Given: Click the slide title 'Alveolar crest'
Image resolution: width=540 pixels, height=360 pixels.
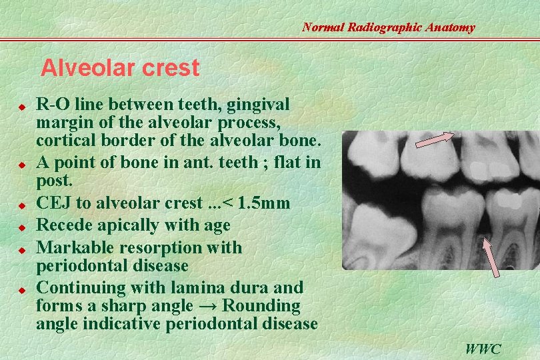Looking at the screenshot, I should point(120,68).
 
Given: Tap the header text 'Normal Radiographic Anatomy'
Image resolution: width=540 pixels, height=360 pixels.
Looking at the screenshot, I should point(388,27).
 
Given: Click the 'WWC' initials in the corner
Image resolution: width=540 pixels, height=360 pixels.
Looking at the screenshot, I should point(484,348).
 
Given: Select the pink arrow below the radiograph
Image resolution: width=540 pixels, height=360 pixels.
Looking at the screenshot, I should point(491,256).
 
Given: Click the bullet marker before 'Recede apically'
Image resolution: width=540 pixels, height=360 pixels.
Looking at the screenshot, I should point(21,227).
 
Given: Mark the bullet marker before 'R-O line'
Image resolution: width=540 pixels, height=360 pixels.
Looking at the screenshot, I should point(21,106).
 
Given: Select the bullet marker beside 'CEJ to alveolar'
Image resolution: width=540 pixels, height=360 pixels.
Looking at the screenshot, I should point(21,204).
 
